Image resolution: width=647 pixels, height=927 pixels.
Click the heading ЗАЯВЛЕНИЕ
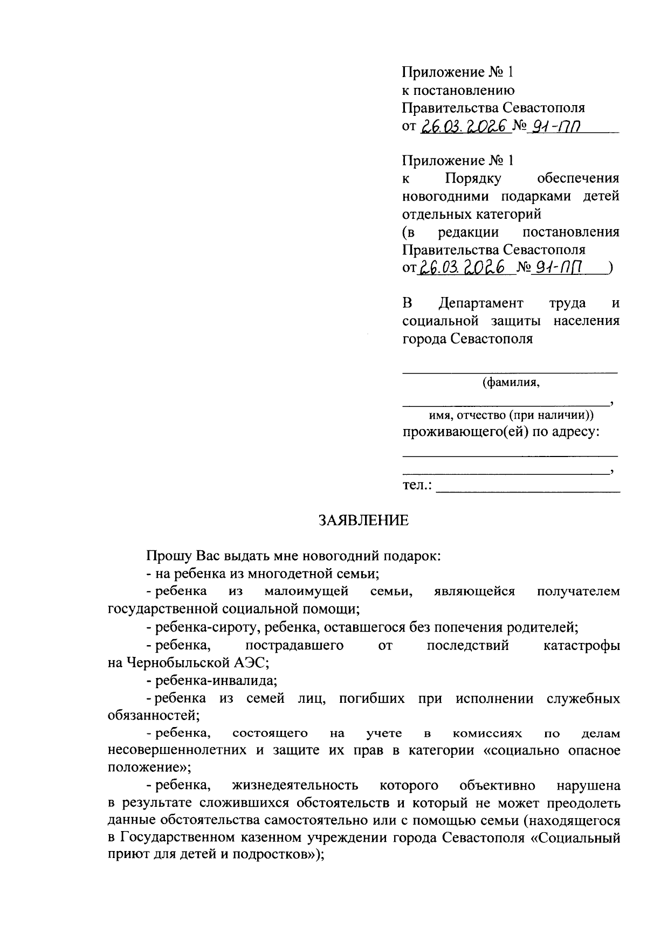tap(364, 520)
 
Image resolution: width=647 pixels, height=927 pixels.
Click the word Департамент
tap(480, 303)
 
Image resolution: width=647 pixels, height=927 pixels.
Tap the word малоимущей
tap(306, 591)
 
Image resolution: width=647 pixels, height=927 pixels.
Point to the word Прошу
tap(168, 556)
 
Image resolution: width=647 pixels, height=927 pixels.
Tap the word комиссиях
tap(487, 734)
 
